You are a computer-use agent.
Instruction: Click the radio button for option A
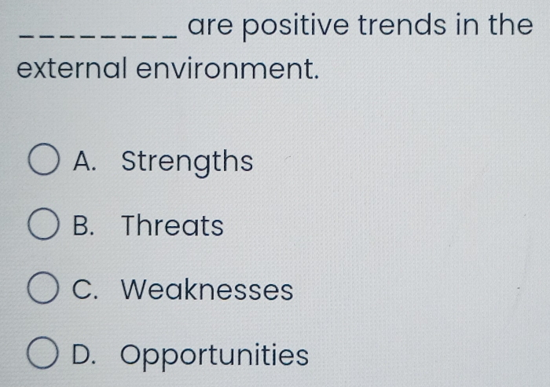click(x=44, y=163)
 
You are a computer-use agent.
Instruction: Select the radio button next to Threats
click(x=44, y=227)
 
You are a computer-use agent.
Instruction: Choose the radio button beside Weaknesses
click(x=44, y=290)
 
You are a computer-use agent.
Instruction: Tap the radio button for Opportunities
click(x=44, y=355)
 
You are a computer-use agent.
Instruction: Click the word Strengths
click(x=188, y=163)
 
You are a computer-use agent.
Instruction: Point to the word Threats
click(x=173, y=227)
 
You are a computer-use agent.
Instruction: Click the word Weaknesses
click(x=208, y=290)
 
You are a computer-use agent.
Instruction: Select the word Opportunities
click(x=215, y=356)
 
